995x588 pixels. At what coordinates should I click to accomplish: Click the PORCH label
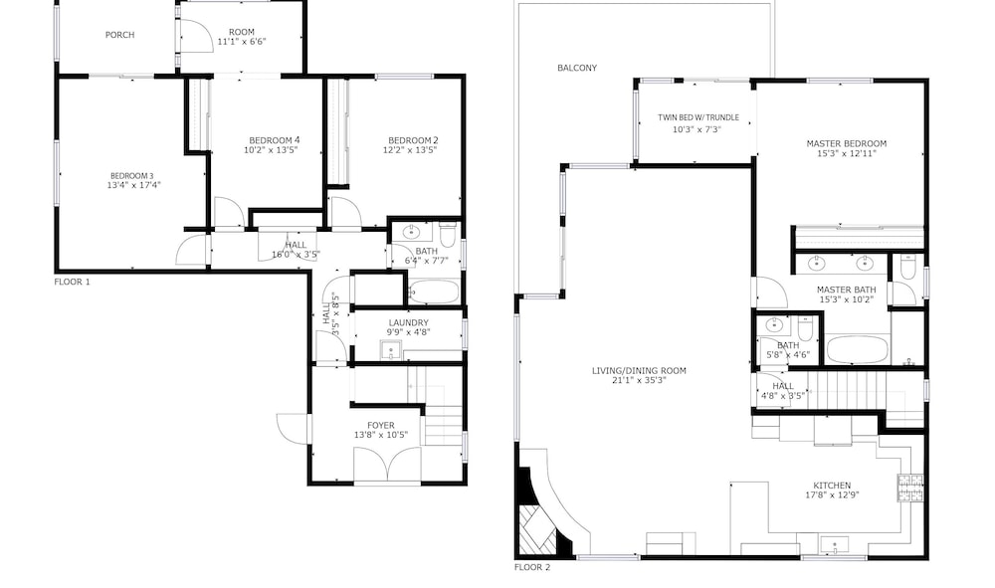coord(119,35)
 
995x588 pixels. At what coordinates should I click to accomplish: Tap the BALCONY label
coord(577,68)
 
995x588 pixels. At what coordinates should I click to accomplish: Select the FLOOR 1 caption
coord(73,282)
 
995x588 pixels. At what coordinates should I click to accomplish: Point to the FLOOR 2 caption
coord(532,567)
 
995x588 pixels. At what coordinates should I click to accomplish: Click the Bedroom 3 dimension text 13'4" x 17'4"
coord(134,185)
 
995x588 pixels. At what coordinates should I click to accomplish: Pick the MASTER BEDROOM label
coord(847,143)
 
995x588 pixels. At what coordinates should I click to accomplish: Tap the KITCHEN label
coord(832,486)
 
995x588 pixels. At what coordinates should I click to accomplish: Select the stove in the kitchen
coord(910,488)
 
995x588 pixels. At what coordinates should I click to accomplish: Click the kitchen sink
coord(835,545)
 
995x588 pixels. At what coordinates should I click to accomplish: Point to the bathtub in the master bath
coord(858,349)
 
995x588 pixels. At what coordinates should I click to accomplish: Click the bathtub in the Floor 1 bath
coord(434,293)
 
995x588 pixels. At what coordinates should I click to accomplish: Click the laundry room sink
coord(391,349)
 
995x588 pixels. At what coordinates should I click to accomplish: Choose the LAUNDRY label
coord(409,323)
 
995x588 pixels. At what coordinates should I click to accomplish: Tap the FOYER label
coord(381,426)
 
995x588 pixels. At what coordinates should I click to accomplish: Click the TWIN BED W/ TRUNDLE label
coord(698,118)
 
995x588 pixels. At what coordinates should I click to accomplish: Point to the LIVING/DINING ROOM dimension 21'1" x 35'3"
coord(639,381)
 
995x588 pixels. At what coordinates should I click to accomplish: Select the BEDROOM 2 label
coord(413,141)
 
